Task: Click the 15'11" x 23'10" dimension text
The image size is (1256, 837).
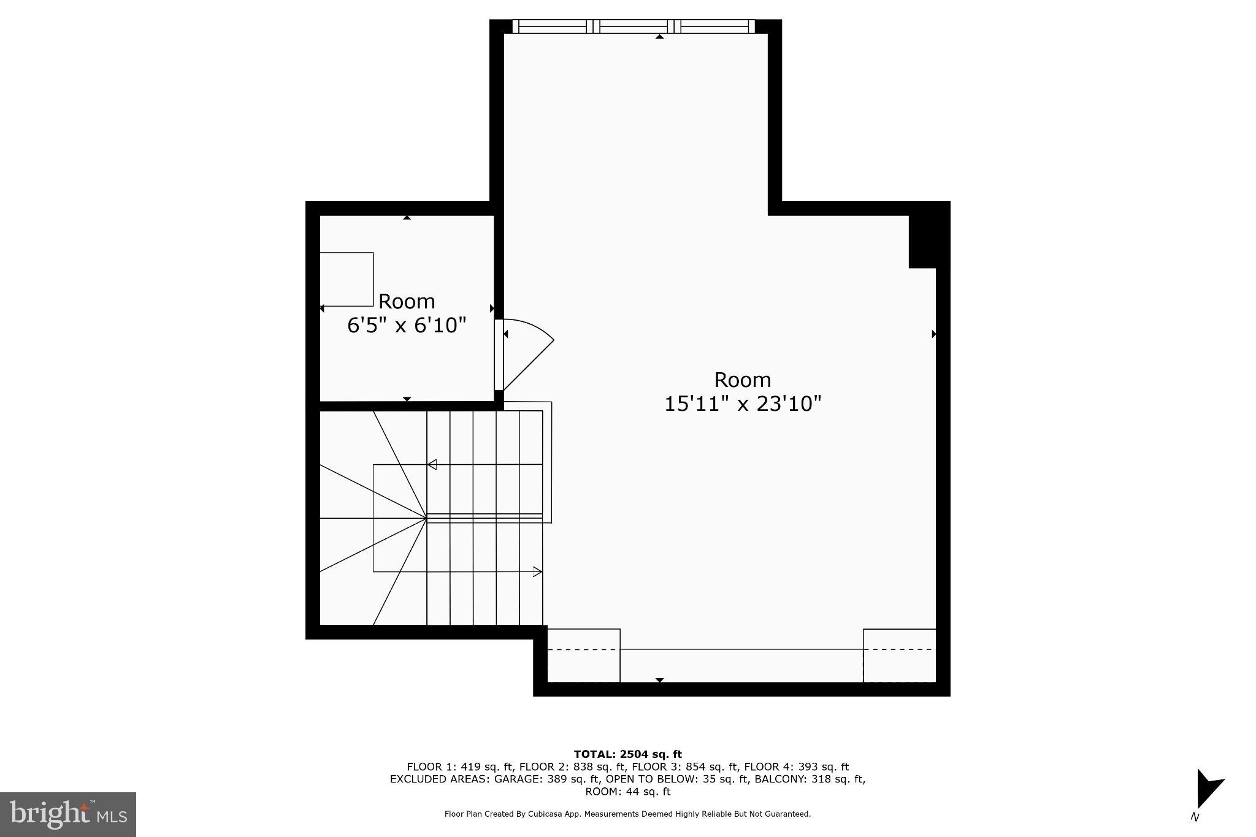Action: [742, 403]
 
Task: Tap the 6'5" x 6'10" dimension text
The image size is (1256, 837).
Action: [407, 325]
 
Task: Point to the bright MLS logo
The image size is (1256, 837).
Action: [68, 814]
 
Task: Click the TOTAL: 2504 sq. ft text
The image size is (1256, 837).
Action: [627, 754]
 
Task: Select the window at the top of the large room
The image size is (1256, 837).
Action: [634, 26]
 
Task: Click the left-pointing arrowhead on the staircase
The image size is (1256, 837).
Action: [432, 464]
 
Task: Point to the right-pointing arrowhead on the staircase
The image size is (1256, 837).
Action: [537, 571]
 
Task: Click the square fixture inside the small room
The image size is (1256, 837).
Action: [347, 279]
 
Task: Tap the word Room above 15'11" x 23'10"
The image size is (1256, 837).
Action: [742, 380]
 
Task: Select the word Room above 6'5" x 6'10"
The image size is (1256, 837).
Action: [407, 301]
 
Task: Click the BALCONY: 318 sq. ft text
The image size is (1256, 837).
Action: [810, 779]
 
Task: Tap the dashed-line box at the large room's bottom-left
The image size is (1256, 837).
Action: [583, 655]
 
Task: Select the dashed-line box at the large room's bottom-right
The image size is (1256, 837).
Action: [899, 655]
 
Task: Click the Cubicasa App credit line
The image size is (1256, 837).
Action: [627, 814]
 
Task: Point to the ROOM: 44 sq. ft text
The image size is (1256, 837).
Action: [627, 792]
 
